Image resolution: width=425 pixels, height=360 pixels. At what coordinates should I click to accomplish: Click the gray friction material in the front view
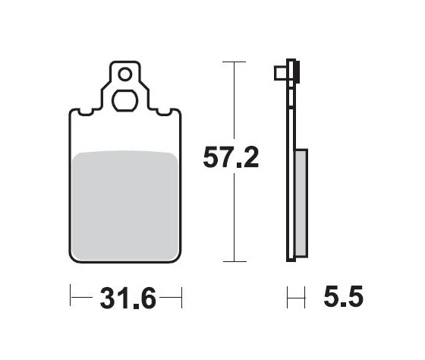pos(127,201)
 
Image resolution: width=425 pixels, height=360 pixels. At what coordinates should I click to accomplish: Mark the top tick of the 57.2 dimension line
pos(235,61)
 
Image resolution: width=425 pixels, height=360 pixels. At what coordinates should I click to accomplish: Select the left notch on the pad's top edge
pos(86,114)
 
